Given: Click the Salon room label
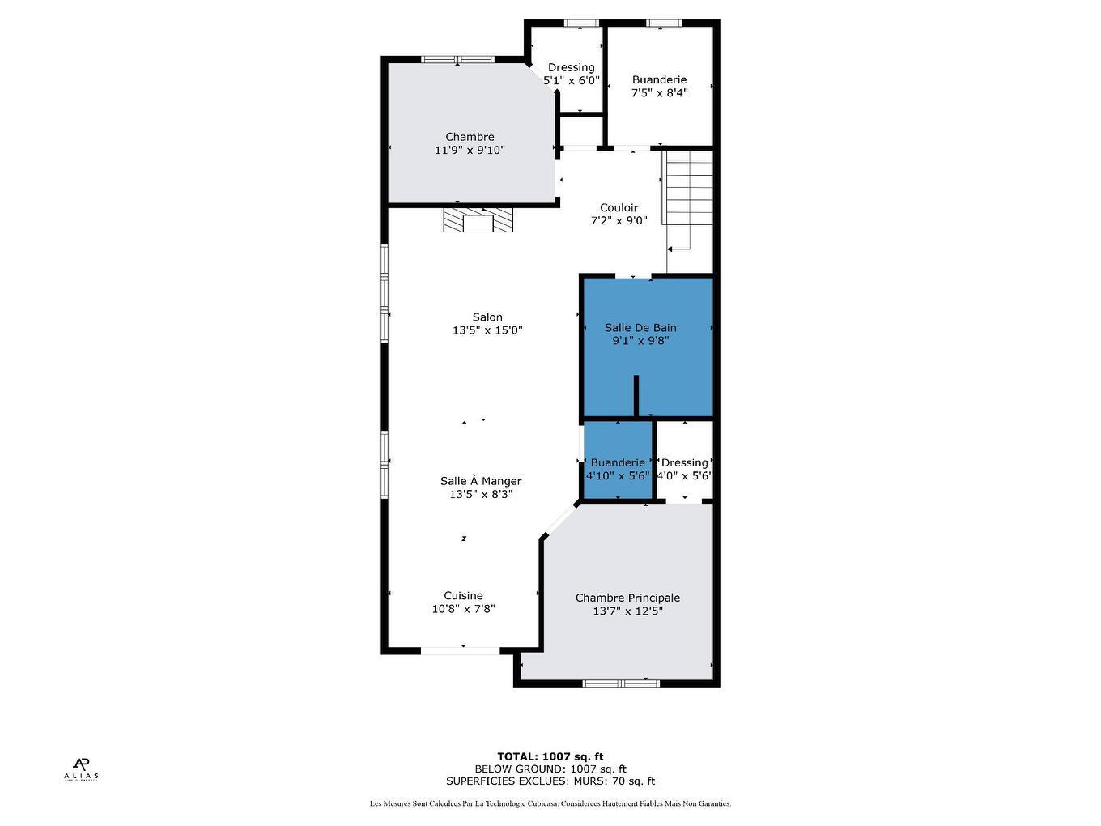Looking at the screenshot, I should point(487,317).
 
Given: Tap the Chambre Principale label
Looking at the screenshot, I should point(627,598).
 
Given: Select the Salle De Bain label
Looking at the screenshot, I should point(640,328).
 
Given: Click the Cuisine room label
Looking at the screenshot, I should point(463,596).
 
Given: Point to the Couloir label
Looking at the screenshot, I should point(619,208).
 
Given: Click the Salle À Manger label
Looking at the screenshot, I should point(481,481).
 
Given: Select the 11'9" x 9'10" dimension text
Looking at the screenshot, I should point(470,150).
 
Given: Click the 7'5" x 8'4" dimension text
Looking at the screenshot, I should point(659,92).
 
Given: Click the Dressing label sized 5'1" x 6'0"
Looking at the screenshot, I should point(571,68).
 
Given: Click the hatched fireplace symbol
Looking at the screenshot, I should point(478,220).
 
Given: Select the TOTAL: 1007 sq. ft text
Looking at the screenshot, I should point(550,756).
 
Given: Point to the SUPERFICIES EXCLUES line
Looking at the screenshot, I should point(550,781).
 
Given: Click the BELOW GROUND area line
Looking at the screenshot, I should point(550,769).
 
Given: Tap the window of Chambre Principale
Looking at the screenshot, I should point(621,683).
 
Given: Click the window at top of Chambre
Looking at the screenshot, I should point(457,59).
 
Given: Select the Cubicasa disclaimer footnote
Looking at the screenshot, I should point(550,803).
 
